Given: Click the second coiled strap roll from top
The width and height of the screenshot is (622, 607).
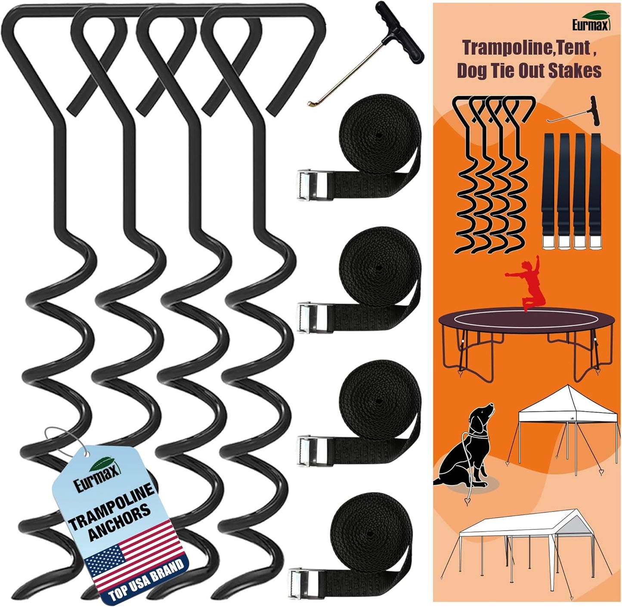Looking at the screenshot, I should [379, 267].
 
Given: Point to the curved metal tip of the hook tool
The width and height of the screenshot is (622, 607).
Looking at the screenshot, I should [311, 103].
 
